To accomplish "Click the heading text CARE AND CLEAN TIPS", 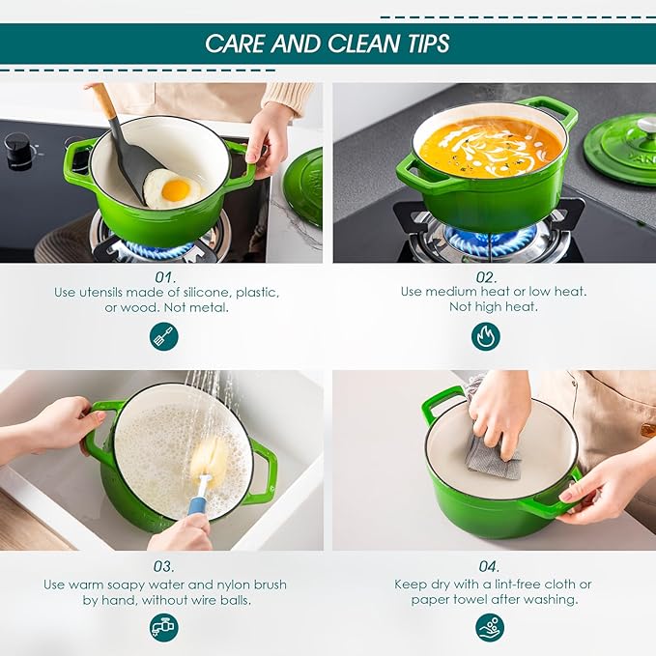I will click(327, 43).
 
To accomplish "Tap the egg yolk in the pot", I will click(176, 189).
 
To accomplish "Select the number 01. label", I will click(163, 275).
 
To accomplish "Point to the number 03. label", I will click(163, 566).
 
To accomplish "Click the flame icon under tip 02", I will click(485, 336).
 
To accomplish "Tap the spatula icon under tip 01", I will click(163, 336).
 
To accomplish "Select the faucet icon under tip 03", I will click(163, 627).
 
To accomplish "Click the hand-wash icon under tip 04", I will click(490, 627).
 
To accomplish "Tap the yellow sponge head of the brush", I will click(210, 455).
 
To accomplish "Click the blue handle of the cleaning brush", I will click(198, 504).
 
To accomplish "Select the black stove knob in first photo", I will click(16, 149).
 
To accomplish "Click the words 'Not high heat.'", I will click(493, 307).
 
